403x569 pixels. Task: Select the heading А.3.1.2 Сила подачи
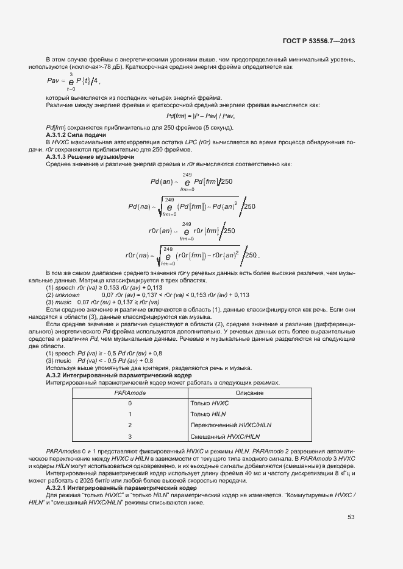[72, 134]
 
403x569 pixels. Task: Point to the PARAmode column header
[130, 393]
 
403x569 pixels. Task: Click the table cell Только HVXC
[209, 403]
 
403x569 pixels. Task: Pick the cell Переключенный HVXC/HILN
[230, 425]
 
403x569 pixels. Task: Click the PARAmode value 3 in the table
[130, 436]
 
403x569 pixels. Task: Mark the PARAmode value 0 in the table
[130, 403]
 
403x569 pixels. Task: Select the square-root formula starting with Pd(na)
[191, 208]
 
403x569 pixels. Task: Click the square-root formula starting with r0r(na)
[193, 255]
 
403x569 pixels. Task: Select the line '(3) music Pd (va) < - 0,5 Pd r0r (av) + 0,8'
[99, 361]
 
